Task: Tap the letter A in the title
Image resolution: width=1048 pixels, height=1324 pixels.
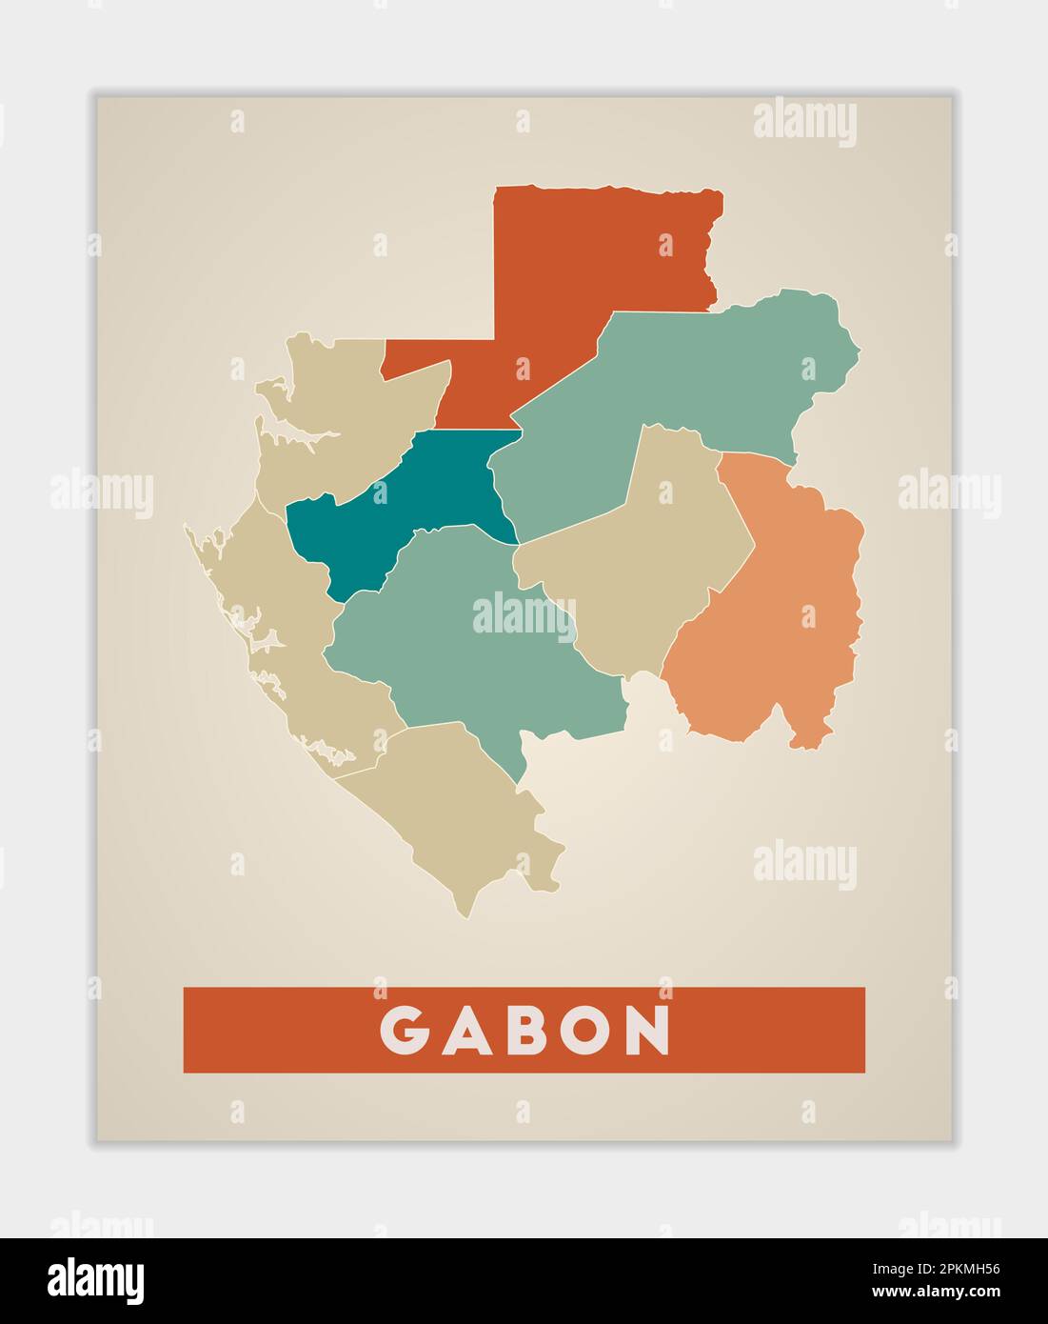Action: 467,1030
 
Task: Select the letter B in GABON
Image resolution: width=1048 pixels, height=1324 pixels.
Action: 525,1030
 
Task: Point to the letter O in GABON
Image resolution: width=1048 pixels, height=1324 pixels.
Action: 585,1030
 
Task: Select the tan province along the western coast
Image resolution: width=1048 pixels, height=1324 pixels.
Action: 286,629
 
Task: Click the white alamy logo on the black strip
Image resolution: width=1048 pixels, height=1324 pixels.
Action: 96,1280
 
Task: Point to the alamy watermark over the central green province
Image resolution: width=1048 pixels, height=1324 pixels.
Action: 524,613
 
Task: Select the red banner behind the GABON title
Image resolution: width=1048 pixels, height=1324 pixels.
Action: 761,1030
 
